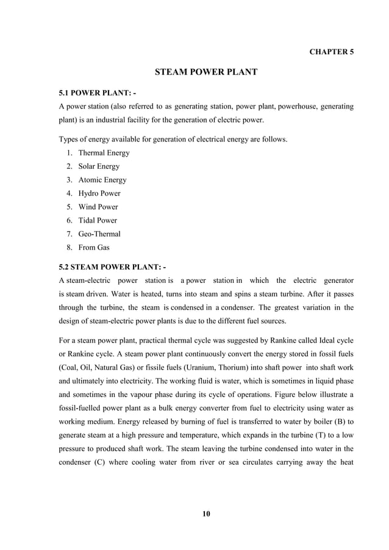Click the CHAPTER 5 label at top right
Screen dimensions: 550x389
tap(331, 52)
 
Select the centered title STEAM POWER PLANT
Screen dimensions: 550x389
tap(207, 73)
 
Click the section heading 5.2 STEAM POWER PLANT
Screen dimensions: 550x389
tap(112, 266)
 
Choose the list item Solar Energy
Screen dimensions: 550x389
tap(99, 166)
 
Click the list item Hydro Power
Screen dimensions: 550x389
tap(99, 193)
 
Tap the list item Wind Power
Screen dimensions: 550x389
tap(98, 207)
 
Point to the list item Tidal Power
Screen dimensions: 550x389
tap(98, 220)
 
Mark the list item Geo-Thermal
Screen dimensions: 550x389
tap(99, 234)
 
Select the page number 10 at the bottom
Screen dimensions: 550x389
tap(206, 514)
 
